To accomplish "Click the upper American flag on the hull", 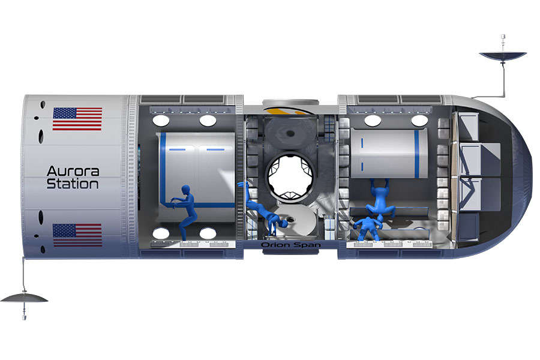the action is pyautogui.click(x=77, y=119).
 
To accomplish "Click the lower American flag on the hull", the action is pyautogui.click(x=77, y=235).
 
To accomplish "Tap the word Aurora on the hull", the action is pyautogui.click(x=73, y=171).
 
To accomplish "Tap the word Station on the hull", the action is pyautogui.click(x=73, y=184).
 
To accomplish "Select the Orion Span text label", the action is pyautogui.click(x=290, y=245).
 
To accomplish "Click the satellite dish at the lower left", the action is pyautogui.click(x=24, y=298).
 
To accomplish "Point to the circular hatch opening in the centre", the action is pyautogui.click(x=290, y=176).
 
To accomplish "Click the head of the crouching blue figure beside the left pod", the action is pyautogui.click(x=185, y=190).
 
